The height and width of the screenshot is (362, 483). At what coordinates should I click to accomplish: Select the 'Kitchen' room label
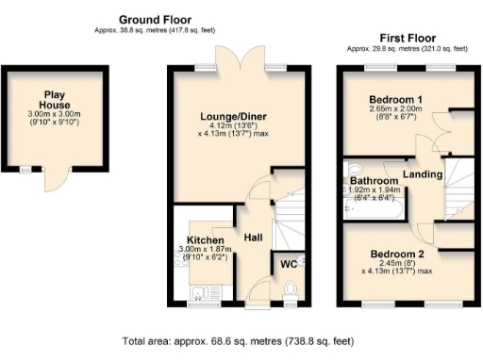coord(205,239)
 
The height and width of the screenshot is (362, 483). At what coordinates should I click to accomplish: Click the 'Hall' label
coord(254,237)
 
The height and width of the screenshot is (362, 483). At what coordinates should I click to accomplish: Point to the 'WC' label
coord(288,264)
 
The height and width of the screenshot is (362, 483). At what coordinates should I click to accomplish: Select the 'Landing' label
coord(422,173)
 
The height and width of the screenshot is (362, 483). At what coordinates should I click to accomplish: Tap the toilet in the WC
coord(291,288)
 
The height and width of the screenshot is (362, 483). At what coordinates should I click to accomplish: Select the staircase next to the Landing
coord(457,184)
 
